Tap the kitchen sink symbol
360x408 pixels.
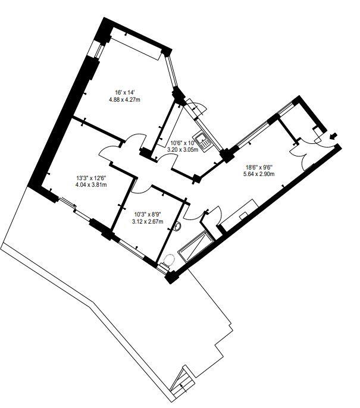pos(206,141)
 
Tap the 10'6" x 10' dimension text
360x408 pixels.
pos(182,143)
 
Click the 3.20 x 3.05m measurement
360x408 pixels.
pos(183,150)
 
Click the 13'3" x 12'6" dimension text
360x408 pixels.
pos(92,177)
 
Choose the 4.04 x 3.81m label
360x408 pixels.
pos(92,184)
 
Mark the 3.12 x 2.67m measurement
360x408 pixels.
pos(146,222)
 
